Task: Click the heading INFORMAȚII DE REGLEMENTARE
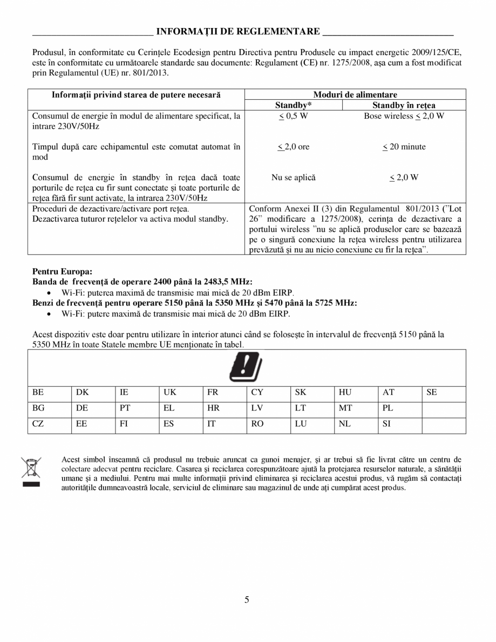pos(238,31)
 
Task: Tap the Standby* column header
pos(294,105)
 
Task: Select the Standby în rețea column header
pos(404,105)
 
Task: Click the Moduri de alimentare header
pos(355,94)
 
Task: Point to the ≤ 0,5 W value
pos(294,116)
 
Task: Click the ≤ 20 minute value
pos(404,147)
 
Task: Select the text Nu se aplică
pos(294,177)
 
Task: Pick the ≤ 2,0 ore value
pos(294,147)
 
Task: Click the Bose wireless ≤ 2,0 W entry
pos(404,116)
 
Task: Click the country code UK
pos(169,393)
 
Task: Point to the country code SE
pos(431,393)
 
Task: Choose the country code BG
pos(38,408)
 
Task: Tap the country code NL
pos(344,424)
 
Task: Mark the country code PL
pos(388,408)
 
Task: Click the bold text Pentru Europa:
pos(58,271)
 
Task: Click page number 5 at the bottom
pos(247,600)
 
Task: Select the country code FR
pos(213,393)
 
